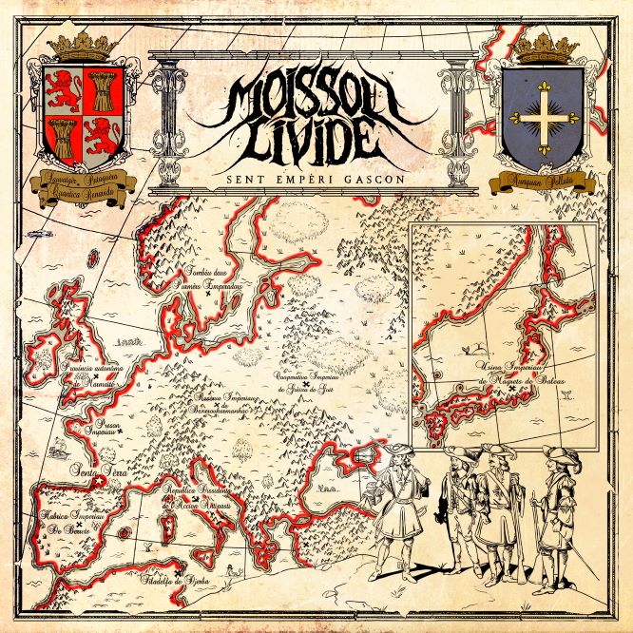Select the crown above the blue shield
(545, 46)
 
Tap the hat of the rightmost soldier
(555, 454)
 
